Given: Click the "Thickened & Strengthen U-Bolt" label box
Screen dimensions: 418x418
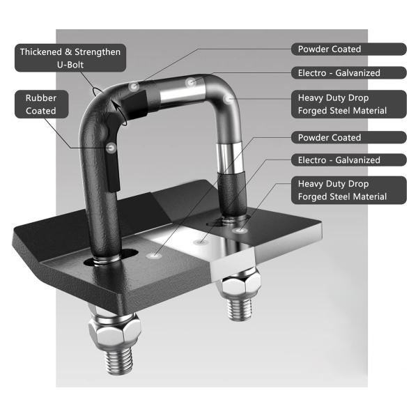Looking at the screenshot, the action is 70,58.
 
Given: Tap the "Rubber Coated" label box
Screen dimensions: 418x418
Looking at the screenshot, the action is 42,104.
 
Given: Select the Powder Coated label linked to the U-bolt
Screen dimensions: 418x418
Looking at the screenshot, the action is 349,49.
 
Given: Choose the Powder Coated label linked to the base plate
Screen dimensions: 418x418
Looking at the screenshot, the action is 349,137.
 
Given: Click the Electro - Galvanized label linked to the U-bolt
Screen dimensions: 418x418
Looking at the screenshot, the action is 349,72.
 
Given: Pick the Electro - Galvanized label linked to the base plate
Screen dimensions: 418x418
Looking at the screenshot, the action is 349,160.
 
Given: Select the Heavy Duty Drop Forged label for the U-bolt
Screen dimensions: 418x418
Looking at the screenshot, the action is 349,104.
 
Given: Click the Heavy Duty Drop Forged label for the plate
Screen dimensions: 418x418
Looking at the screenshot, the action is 349,190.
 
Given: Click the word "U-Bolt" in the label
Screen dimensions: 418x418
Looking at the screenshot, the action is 70,65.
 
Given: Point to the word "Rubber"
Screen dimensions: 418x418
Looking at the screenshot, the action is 41,98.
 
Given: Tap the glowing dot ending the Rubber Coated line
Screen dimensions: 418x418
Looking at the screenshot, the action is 111,148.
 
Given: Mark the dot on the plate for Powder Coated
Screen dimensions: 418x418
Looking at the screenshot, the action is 154,256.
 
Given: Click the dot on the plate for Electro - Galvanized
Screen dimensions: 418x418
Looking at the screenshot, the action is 200,242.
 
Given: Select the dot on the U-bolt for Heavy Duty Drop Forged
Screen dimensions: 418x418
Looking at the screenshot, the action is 228,100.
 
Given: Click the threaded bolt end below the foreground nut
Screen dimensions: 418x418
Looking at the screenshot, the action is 119,360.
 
